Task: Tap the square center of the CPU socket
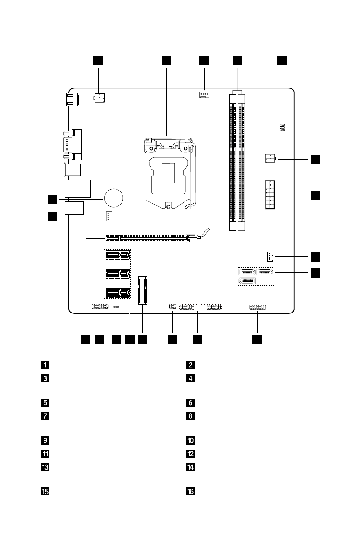click(168, 173)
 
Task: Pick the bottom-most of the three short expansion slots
click(117, 293)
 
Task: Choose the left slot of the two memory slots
click(233, 161)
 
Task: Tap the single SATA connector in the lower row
click(246, 281)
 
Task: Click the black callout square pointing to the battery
click(53, 199)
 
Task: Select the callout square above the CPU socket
click(167, 61)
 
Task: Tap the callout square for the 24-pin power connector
click(315, 195)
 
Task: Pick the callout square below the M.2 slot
click(143, 339)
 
